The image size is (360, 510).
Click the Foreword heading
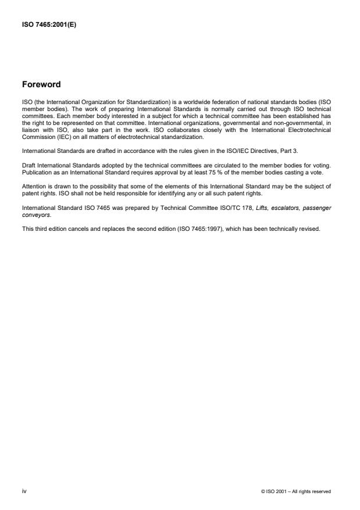(x=41, y=84)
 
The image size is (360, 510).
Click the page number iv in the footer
(x=24, y=491)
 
